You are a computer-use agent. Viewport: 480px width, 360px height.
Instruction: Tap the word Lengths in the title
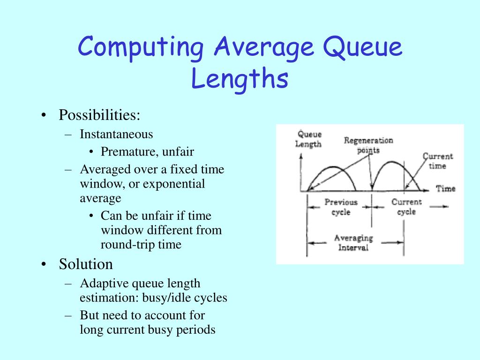pyautogui.click(x=239, y=79)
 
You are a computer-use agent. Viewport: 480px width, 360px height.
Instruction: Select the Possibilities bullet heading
pyautogui.click(x=99, y=115)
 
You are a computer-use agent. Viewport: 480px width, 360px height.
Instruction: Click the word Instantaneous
pyautogui.click(x=116, y=135)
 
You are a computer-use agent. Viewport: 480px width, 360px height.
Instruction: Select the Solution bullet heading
pyautogui.click(x=86, y=264)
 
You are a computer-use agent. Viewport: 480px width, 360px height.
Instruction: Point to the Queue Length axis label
pyautogui.click(x=308, y=139)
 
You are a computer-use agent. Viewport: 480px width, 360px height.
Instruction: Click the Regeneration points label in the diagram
pyautogui.click(x=368, y=145)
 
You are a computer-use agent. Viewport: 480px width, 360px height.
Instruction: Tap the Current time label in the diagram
pyautogui.click(x=437, y=161)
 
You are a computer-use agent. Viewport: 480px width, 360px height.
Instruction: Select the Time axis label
pyautogui.click(x=445, y=188)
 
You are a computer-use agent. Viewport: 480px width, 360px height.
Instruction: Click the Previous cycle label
pyautogui.click(x=341, y=207)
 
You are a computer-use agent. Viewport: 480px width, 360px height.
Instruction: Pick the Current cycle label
pyautogui.click(x=406, y=207)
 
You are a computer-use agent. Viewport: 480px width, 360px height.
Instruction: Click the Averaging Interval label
pyautogui.click(x=353, y=242)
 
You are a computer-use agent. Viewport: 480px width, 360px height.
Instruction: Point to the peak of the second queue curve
pyautogui.click(x=393, y=162)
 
